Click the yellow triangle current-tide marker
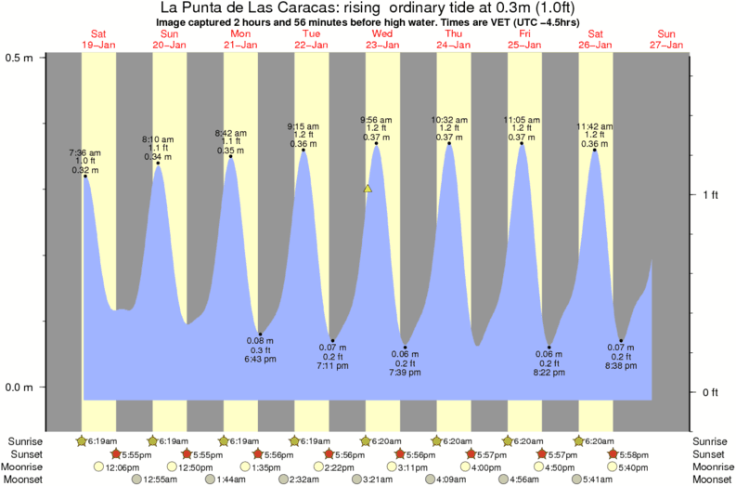(x=368, y=190)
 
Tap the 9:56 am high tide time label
(x=376, y=120)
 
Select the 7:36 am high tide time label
(x=84, y=152)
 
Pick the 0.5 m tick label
(x=19, y=58)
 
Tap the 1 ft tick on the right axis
(x=711, y=194)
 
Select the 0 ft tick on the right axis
(x=711, y=392)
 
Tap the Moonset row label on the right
(x=712, y=479)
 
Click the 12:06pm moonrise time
(x=122, y=466)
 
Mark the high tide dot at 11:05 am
(x=522, y=143)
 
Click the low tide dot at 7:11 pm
(x=332, y=341)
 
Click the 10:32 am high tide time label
(x=449, y=120)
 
